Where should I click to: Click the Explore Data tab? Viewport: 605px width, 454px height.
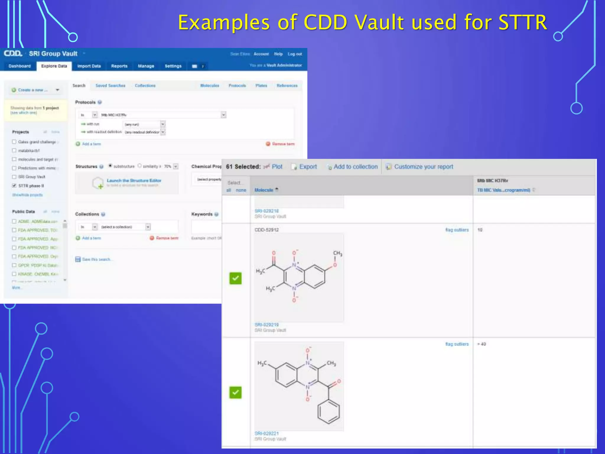click(x=54, y=66)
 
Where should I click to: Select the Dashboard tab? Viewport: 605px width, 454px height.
click(x=19, y=66)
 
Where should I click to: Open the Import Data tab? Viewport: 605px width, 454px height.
click(x=89, y=66)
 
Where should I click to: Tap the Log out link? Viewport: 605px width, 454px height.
click(x=295, y=54)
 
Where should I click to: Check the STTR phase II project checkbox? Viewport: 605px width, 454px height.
click(x=14, y=186)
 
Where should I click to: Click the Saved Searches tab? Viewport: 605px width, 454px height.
click(x=110, y=85)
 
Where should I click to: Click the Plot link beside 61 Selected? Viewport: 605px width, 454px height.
click(x=277, y=167)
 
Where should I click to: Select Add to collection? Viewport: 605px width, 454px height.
click(x=355, y=167)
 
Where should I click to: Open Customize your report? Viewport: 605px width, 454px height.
click(x=423, y=167)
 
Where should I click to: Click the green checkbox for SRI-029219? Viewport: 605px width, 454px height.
click(x=235, y=278)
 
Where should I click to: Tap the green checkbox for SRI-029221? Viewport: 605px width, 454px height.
click(x=235, y=393)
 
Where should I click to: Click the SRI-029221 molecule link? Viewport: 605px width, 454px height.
click(x=266, y=433)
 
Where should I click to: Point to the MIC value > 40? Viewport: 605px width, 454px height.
click(x=482, y=344)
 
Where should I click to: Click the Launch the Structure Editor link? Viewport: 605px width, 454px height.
click(x=134, y=181)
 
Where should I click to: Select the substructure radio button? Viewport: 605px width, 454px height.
click(x=110, y=166)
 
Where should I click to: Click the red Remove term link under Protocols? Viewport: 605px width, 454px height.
click(x=283, y=144)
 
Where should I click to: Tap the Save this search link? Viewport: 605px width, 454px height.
click(x=96, y=259)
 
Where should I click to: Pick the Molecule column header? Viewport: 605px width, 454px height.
click(x=264, y=190)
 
